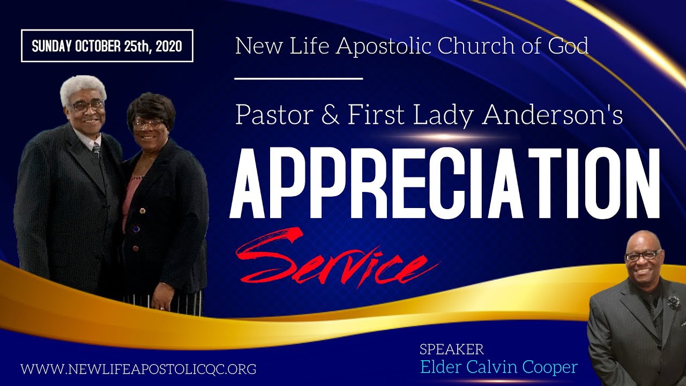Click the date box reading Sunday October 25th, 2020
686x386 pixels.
[x=107, y=46]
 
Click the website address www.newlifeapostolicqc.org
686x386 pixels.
[x=138, y=369]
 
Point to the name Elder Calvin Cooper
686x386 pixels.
[x=499, y=367]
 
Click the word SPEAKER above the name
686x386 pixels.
[x=451, y=350]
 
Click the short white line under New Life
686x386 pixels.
[x=299, y=79]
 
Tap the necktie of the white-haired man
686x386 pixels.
[x=96, y=150]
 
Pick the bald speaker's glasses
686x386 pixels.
[x=643, y=255]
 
